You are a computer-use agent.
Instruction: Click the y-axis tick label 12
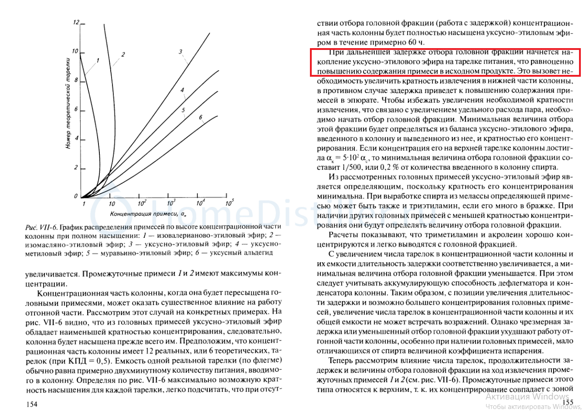(76, 22)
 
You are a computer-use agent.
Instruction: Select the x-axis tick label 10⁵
(229, 203)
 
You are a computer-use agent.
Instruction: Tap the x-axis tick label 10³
(171, 203)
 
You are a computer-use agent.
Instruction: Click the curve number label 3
(180, 51)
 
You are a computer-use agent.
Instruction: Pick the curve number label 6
(200, 117)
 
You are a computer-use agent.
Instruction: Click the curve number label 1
(98, 60)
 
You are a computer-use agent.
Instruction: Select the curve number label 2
(123, 54)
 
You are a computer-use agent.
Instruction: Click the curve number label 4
(182, 90)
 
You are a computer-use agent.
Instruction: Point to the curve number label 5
(183, 110)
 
